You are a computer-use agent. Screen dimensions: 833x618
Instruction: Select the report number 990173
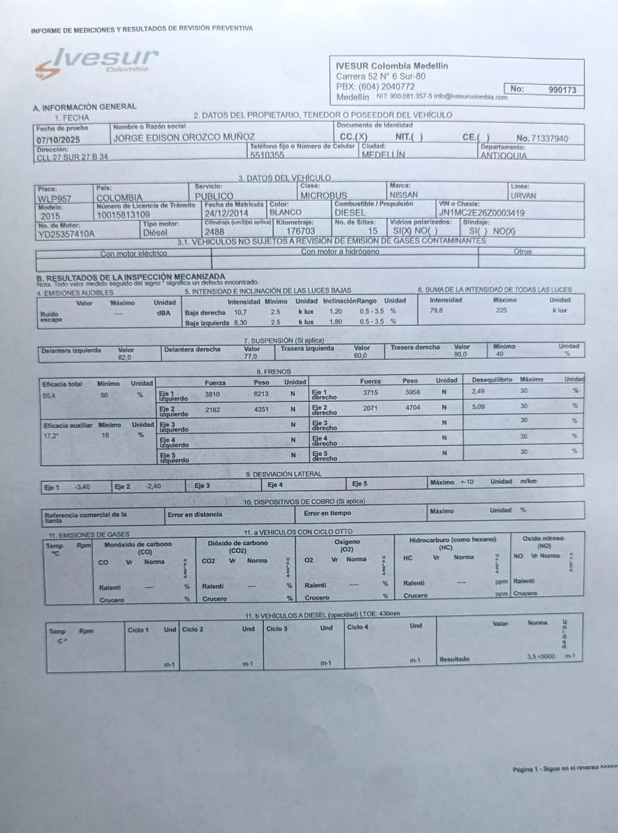pos(562,90)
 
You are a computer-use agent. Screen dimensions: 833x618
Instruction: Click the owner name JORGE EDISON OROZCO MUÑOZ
pos(184,138)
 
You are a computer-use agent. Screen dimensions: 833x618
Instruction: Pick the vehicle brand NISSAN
pos(403,195)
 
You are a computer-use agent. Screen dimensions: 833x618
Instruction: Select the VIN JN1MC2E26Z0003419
pos(482,213)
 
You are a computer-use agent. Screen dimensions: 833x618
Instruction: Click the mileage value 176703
pos(301,231)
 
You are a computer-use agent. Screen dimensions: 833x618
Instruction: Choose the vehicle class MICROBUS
pos(324,195)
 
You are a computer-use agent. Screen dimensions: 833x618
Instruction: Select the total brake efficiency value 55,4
pos(49,396)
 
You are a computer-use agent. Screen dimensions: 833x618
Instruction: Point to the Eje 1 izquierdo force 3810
pos(213,394)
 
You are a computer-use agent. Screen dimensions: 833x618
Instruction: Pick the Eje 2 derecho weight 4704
pos(412,408)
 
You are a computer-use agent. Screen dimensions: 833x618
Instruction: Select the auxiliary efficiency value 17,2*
pos(51,436)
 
